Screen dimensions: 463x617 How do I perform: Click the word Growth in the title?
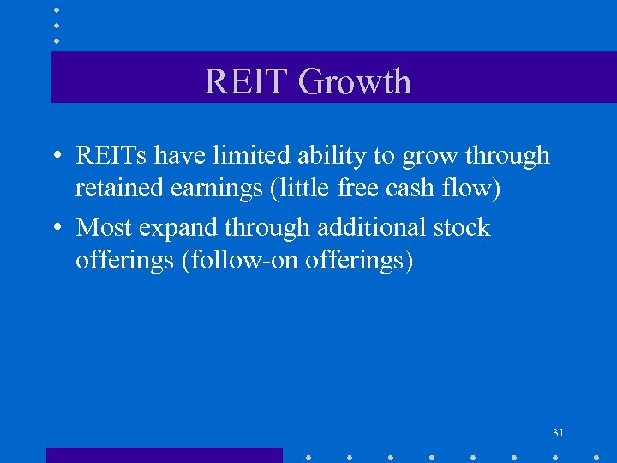(354, 82)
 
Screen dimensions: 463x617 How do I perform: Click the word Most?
(104, 228)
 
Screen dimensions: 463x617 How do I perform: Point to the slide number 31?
(558, 434)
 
